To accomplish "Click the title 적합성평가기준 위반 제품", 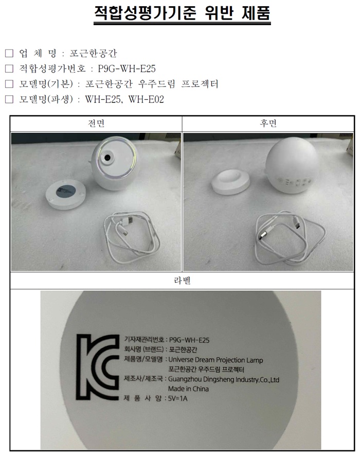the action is click(x=182, y=13).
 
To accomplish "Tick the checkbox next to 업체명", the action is click(x=9, y=53).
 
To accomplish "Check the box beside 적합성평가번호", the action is click(x=9, y=68).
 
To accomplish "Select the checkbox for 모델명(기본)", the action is click(x=9, y=84).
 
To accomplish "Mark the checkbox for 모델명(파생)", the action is click(x=9, y=99).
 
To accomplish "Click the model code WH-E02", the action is click(x=146, y=99).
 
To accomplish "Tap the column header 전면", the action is click(x=96, y=124).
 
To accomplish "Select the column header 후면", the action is click(x=268, y=124).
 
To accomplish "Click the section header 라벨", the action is click(x=182, y=281).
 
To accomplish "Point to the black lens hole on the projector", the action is click(x=107, y=157).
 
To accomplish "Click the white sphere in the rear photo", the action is click(x=291, y=165).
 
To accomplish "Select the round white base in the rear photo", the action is click(x=230, y=182).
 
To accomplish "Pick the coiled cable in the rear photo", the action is click(x=290, y=238).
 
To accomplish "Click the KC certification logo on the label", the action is click(x=98, y=367).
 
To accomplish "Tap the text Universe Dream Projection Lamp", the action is click(x=215, y=360).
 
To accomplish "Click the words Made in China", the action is click(x=188, y=389).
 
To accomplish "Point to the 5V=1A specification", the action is click(x=177, y=398).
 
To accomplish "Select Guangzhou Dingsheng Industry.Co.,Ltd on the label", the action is click(x=224, y=379).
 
